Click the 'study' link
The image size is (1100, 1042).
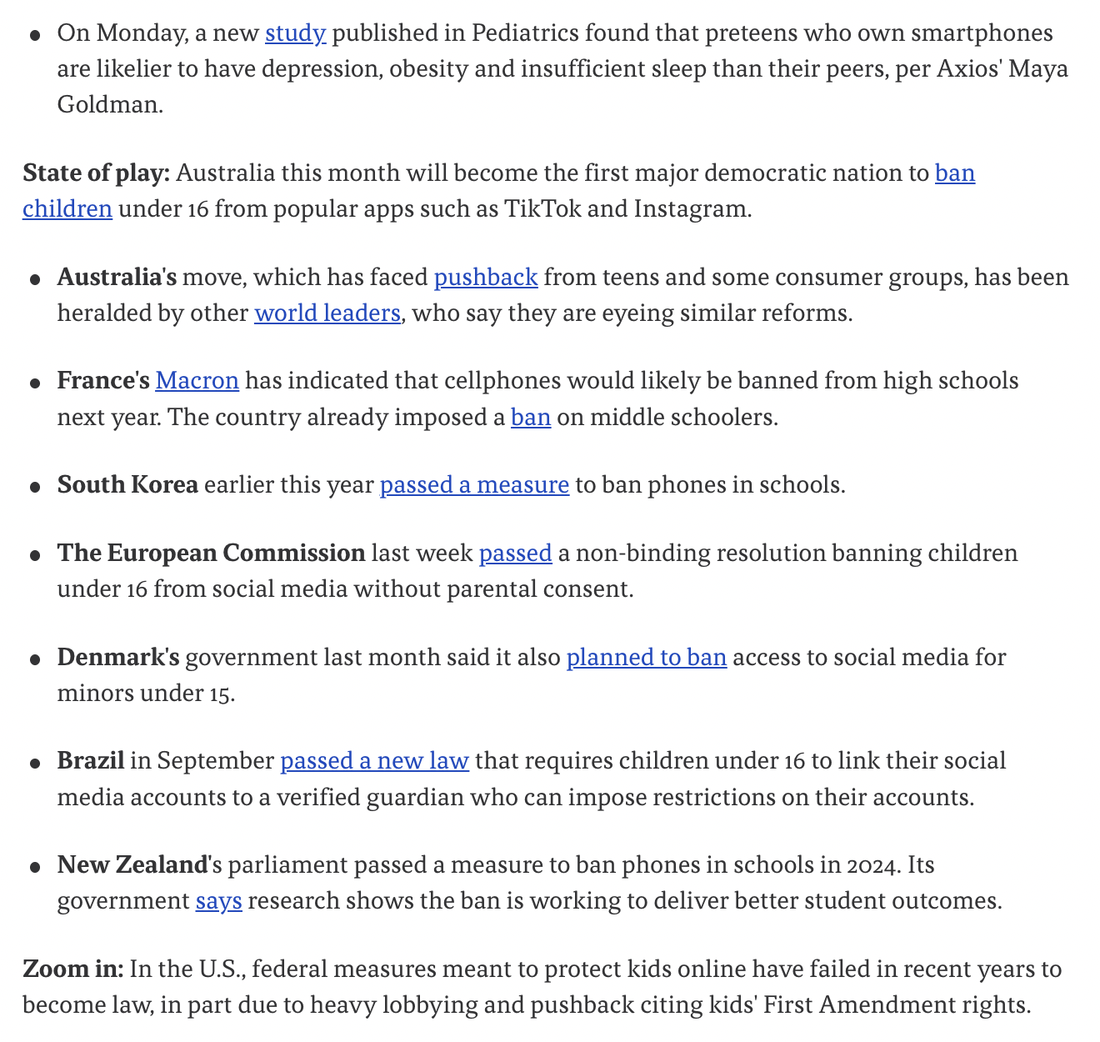point(295,33)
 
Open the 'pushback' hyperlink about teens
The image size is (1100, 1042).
point(486,277)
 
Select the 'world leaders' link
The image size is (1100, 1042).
point(327,313)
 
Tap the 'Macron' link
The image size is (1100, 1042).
point(197,381)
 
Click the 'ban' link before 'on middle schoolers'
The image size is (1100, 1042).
point(531,417)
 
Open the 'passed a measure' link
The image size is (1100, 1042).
point(474,485)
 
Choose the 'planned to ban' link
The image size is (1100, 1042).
point(647,658)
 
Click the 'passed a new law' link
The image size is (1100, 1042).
point(374,761)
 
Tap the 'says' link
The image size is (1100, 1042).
point(218,901)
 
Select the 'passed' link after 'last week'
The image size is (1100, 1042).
point(515,554)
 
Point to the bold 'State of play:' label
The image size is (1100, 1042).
point(97,173)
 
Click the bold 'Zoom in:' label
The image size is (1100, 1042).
point(73,969)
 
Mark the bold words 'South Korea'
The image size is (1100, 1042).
point(127,485)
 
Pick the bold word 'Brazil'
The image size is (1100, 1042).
point(91,761)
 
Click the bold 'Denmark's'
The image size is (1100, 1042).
point(118,658)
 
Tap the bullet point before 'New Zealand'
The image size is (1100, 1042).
point(35,867)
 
